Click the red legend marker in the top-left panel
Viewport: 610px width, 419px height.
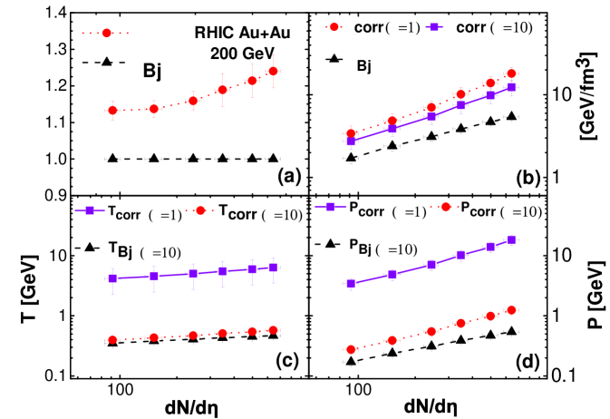107,33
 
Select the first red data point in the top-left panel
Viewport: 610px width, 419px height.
112,111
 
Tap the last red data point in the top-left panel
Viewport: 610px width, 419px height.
273,71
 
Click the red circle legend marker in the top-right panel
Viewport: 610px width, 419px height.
334,27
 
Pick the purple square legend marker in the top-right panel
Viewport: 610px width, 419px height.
434,27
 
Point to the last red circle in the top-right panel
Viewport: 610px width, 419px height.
511,73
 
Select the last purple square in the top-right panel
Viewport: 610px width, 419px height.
511,87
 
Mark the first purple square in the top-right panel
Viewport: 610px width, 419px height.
351,141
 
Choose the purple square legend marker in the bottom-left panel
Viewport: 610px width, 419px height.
90,210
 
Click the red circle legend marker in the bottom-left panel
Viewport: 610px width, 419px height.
200,210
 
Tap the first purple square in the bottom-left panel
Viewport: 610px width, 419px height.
112,278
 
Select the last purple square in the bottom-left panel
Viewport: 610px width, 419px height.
273,267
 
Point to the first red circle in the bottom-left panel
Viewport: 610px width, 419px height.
112,339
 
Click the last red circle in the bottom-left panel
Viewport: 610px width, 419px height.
273,330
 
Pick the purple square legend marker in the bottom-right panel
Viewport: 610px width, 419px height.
330,207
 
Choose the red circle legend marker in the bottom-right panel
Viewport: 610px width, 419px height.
445,207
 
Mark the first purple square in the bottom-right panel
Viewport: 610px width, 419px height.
351,283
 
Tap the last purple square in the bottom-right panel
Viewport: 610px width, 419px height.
511,240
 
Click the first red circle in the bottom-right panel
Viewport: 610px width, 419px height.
351,349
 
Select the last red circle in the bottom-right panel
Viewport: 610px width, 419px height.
511,310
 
